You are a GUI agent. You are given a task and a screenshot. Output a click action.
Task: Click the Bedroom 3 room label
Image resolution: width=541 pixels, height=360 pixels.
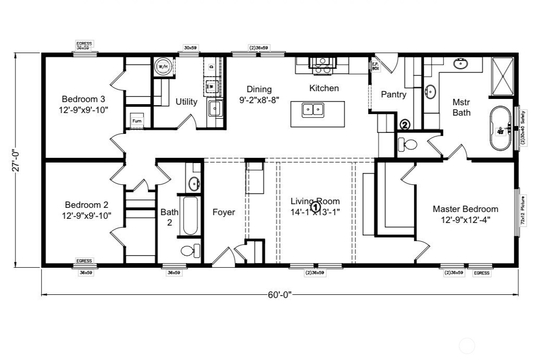coord(83,104)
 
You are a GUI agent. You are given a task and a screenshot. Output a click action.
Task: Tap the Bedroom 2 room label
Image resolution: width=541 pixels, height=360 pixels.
coord(86,209)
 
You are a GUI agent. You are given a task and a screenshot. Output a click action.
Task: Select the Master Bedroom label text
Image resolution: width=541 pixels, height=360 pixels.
coord(465,214)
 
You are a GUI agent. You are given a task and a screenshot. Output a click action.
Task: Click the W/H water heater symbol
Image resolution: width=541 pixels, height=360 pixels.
coord(162,67)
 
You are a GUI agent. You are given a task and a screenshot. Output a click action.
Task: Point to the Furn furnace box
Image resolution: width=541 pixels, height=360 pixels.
coord(137,120)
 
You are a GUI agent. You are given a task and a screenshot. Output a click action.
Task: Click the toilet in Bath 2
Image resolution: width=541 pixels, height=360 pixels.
coord(190,251)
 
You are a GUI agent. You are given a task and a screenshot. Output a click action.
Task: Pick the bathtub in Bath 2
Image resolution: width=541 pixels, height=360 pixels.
coord(190,216)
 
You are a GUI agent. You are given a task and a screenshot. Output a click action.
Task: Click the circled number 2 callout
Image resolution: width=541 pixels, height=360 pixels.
coord(405,125)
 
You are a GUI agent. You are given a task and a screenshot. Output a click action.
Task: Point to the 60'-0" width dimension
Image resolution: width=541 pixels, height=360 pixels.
coord(280,295)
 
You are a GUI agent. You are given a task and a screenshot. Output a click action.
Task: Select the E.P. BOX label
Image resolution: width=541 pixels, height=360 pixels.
coord(375,66)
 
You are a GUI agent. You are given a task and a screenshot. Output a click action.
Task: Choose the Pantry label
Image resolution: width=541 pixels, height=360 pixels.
coord(394,94)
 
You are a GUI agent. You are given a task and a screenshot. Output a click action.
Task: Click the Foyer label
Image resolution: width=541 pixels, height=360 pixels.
coord(223,212)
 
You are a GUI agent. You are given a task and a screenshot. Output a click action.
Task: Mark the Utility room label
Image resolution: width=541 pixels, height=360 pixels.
coord(186,102)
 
